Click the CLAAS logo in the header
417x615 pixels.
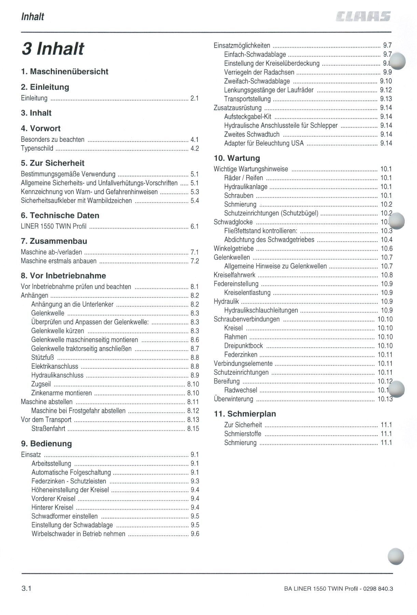[363, 16]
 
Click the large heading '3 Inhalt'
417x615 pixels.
[53, 49]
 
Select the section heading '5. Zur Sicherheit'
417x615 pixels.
[53, 163]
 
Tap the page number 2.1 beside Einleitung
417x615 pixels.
[195, 98]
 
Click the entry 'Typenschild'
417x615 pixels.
[37, 149]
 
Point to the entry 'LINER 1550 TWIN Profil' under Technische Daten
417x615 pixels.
[54, 227]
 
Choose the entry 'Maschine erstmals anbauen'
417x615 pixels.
[58, 261]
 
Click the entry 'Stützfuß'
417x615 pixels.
[43, 358]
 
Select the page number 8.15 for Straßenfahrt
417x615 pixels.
[193, 429]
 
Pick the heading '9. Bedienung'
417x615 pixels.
[46, 444]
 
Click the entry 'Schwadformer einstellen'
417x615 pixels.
[65, 516]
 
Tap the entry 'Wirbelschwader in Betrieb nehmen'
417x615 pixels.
[78, 534]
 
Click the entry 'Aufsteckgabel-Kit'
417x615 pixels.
[248, 117]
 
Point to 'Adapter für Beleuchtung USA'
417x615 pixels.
[264, 143]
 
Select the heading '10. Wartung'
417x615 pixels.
[237, 158]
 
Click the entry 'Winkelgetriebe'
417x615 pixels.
[234, 249]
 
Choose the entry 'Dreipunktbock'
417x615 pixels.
[244, 346]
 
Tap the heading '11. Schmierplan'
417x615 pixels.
[245, 414]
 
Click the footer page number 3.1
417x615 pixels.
[26, 589]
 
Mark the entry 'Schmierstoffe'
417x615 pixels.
[242, 434]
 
